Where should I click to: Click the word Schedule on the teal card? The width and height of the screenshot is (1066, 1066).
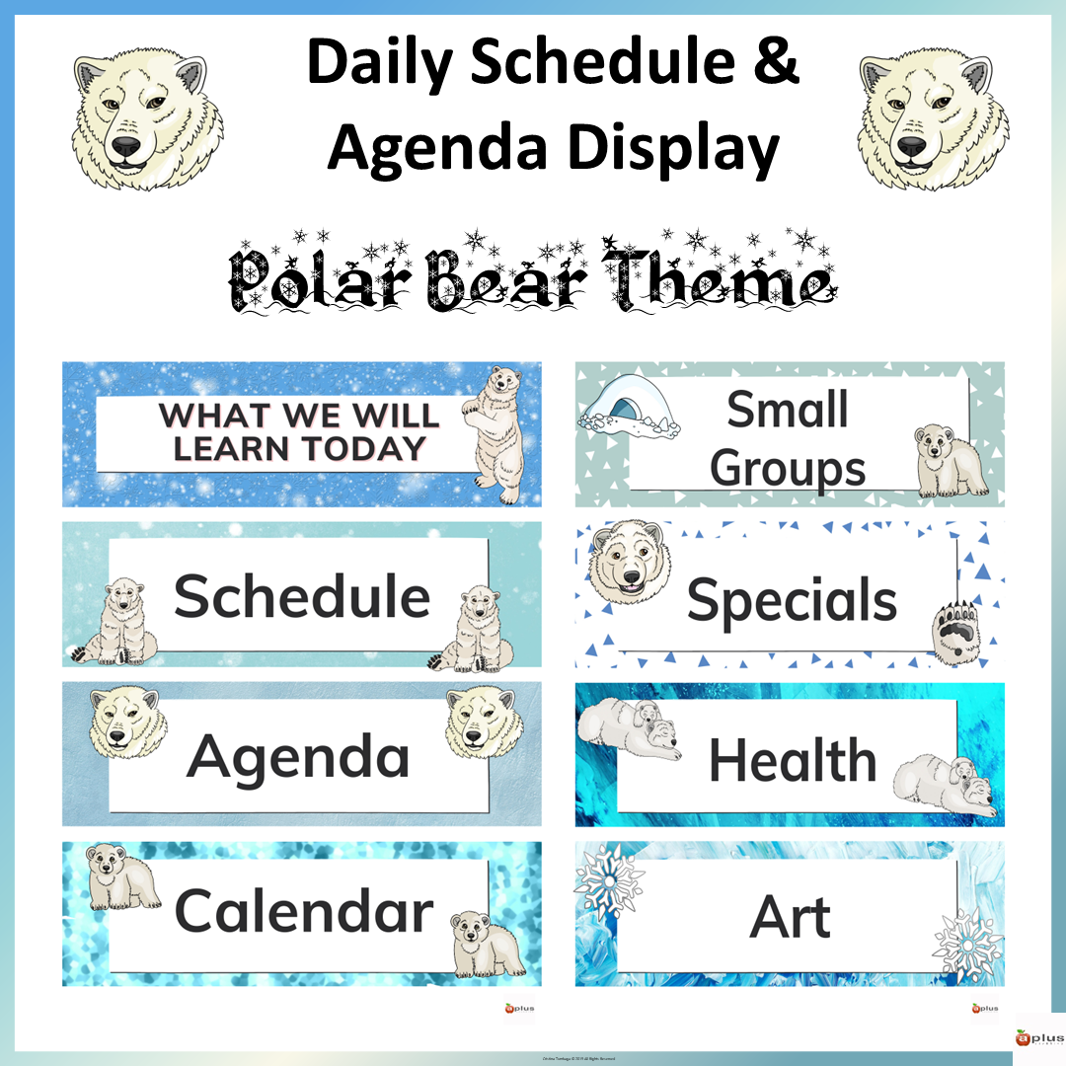click(302, 596)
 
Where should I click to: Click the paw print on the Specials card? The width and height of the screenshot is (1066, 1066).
click(954, 624)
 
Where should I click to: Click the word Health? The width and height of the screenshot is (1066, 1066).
click(793, 760)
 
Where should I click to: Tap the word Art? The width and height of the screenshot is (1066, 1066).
click(791, 917)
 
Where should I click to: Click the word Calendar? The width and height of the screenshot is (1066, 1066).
click(304, 910)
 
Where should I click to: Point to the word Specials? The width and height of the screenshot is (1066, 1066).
click(792, 599)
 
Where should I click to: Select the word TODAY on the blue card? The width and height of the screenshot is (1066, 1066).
click(362, 448)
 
